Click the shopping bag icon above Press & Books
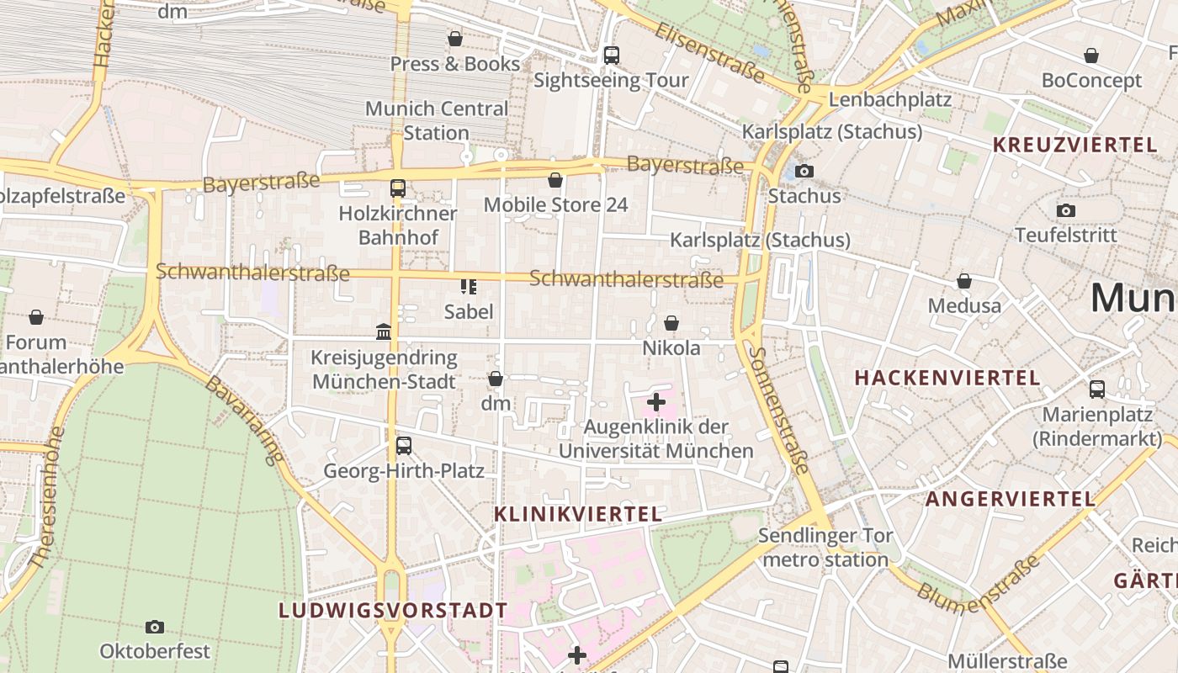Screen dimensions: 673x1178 pyautogui.click(x=455, y=39)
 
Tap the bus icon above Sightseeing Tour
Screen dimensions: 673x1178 pyautogui.click(x=612, y=56)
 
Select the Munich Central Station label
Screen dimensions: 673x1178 pyautogui.click(x=437, y=120)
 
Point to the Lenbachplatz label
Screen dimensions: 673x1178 pyautogui.click(x=889, y=99)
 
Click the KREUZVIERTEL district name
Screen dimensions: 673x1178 pyautogui.click(x=1075, y=145)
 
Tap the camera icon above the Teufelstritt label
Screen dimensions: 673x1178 pyautogui.click(x=1066, y=210)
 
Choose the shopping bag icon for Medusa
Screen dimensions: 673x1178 pyautogui.click(x=964, y=281)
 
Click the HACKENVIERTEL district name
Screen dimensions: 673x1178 pyautogui.click(x=947, y=378)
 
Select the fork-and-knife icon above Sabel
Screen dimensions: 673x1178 pyautogui.click(x=469, y=287)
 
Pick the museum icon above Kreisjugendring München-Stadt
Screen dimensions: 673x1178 pyautogui.click(x=384, y=332)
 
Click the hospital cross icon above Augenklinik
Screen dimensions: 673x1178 pyautogui.click(x=656, y=403)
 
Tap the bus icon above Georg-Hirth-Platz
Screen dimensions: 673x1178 pyautogui.click(x=404, y=446)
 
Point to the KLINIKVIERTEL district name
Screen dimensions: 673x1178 pyautogui.click(x=578, y=514)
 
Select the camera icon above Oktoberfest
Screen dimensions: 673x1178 pyautogui.click(x=155, y=627)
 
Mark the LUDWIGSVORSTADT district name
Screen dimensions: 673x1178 pyautogui.click(x=393, y=611)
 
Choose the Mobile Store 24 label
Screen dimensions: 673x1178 pyautogui.click(x=555, y=204)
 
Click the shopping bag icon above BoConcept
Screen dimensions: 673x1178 pyautogui.click(x=1091, y=56)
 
